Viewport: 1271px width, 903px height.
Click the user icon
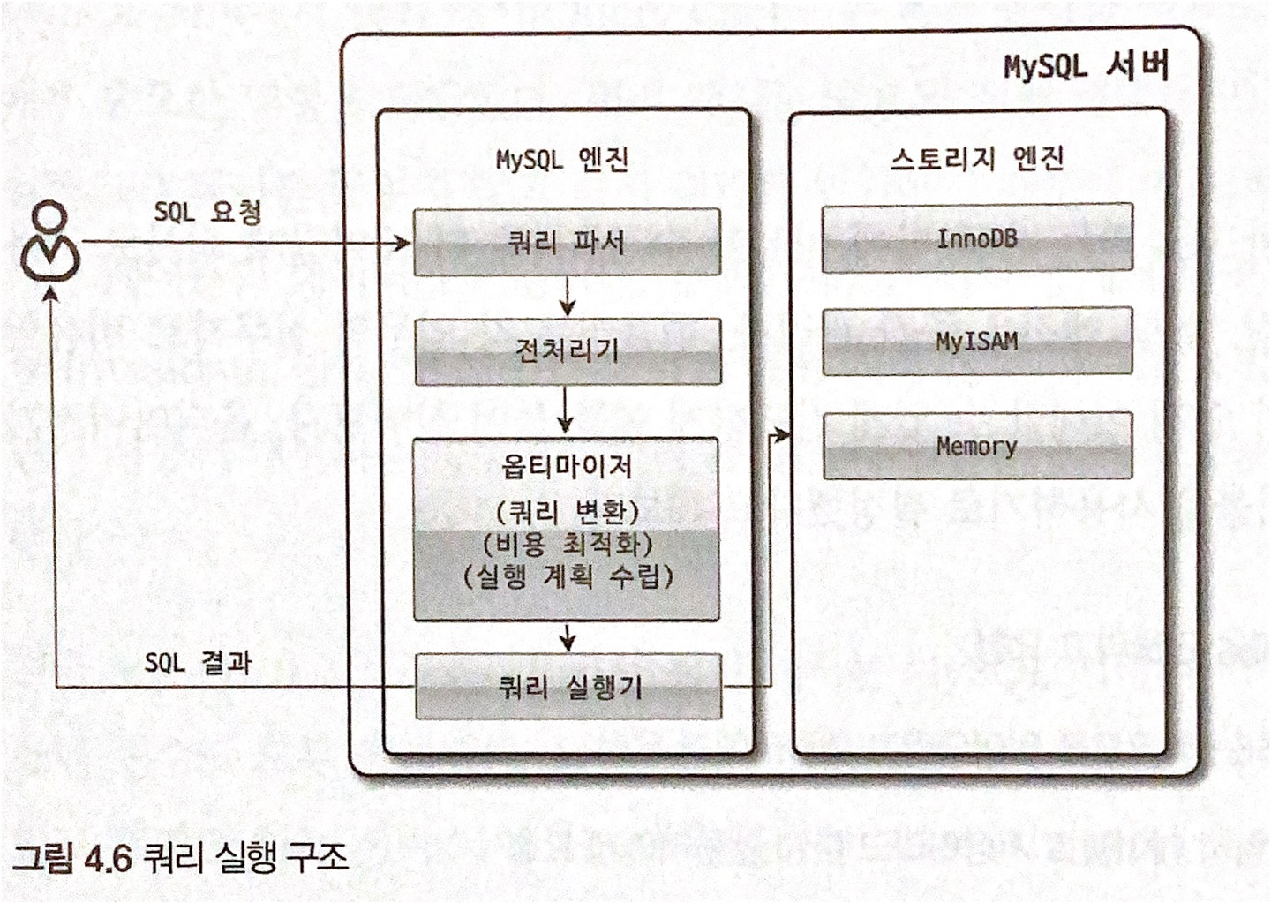coord(51,242)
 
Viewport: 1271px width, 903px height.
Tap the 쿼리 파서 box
coord(567,242)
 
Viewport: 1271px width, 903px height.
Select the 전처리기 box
coord(568,351)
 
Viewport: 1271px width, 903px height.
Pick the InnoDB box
coord(977,238)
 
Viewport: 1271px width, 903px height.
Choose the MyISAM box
coord(977,342)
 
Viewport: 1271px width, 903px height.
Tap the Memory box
coord(977,447)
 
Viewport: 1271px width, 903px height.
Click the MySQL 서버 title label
coord(1086,66)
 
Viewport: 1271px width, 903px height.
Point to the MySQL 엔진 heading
coord(562,160)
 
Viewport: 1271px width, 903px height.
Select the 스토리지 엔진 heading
coord(977,159)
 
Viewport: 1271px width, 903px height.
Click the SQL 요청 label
coord(207,212)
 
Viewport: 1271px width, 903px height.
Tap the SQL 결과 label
coord(198,662)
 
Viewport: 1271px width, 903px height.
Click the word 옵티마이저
coord(567,466)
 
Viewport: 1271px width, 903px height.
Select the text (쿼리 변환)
coord(567,512)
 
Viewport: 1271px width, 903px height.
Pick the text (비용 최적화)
coord(567,544)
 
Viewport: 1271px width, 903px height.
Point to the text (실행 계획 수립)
coord(567,576)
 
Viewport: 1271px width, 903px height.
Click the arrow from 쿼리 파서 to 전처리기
coord(567,297)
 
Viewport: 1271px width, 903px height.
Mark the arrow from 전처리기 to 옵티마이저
coord(566,410)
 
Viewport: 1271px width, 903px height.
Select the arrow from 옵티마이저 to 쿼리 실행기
coord(568,636)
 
